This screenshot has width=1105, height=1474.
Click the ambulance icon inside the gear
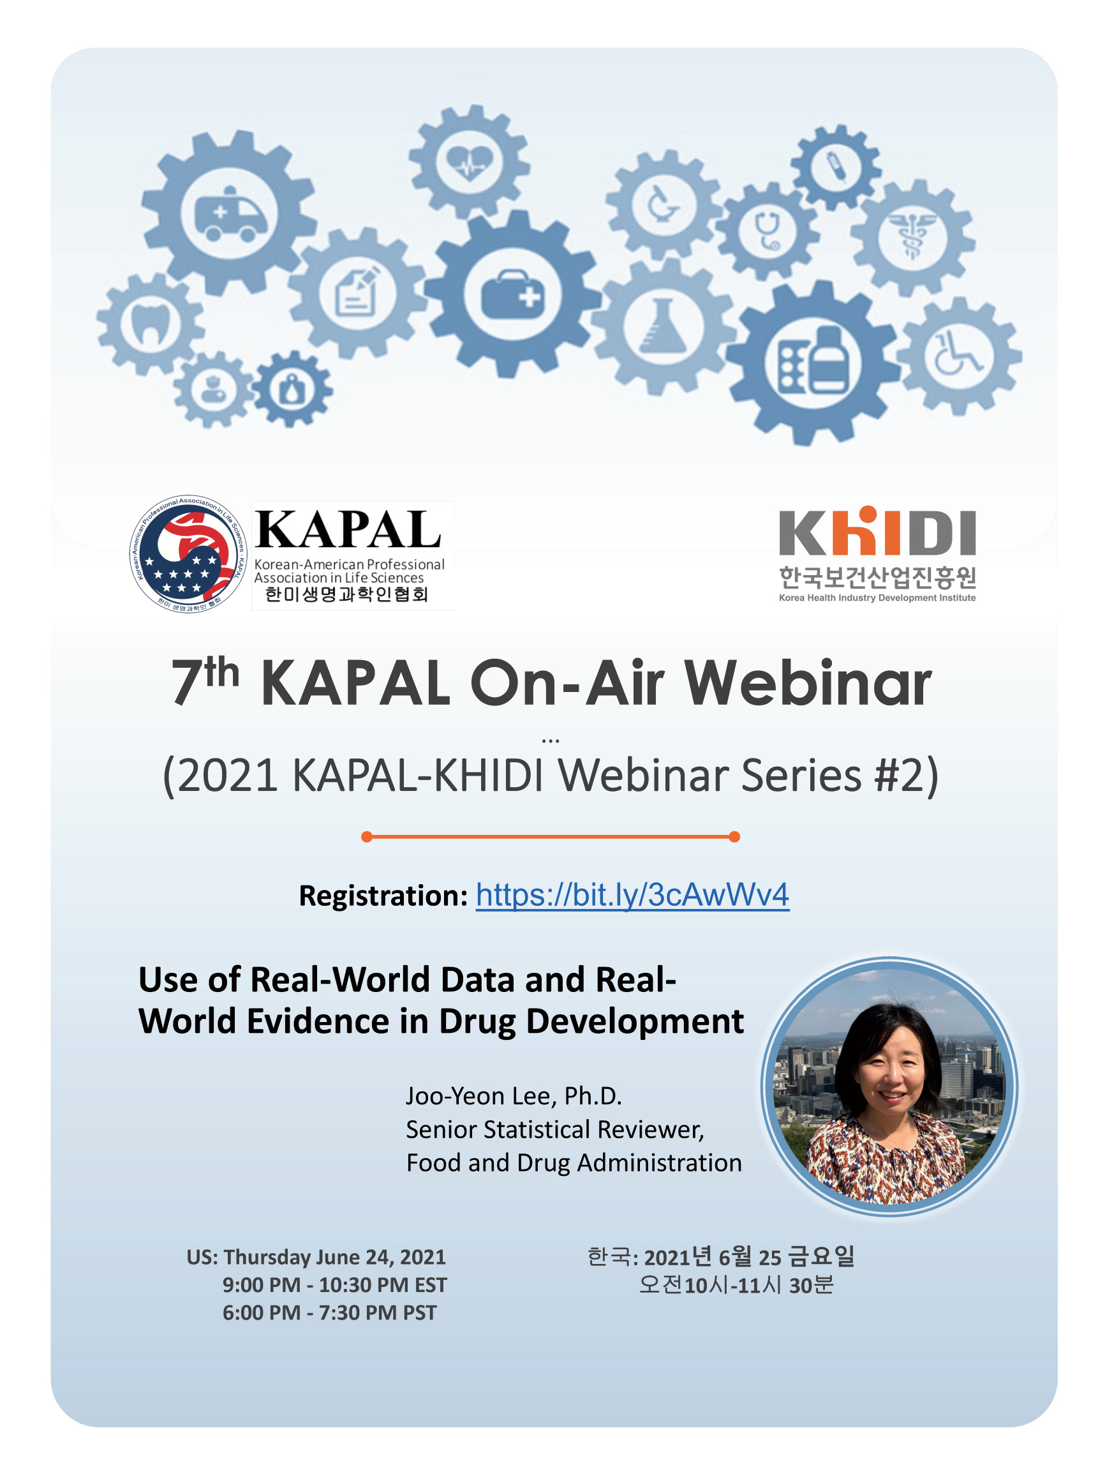[230, 214]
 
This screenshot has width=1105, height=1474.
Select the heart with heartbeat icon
[470, 161]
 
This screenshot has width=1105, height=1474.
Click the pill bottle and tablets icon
[813, 361]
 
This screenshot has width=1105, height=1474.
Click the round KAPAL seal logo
[188, 553]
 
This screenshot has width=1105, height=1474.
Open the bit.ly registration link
[632, 894]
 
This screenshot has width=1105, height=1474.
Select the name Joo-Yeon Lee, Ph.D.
[514, 1095]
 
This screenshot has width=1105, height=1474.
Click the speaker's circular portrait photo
[889, 1086]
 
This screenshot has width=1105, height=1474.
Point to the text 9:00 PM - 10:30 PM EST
[334, 1284]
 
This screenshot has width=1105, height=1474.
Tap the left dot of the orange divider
[366, 836]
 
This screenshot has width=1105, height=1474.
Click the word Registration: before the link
[383, 895]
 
